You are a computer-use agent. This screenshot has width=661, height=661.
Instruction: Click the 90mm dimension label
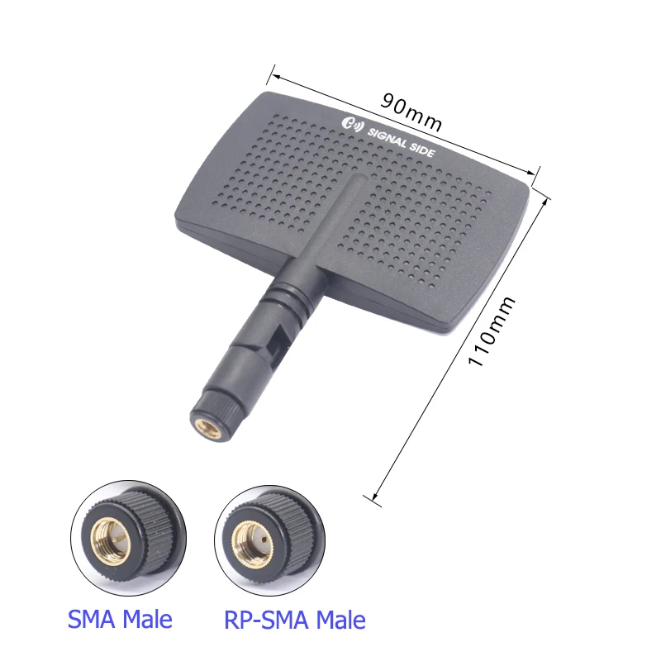[411, 112]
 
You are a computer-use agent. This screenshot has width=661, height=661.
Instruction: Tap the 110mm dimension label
[492, 331]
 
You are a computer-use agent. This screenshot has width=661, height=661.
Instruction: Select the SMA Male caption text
[120, 619]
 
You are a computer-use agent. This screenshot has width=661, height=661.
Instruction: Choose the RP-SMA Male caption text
[295, 620]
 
